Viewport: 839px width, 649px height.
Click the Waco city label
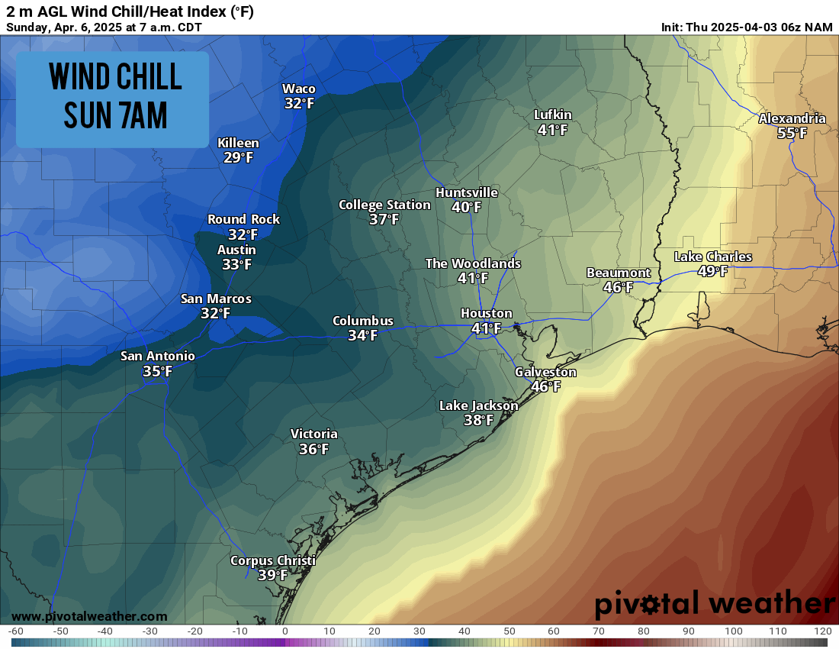(299, 89)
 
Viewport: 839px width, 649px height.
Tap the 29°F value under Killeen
(238, 158)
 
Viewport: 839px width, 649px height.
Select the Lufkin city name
(552, 115)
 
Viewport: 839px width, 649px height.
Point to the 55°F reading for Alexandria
(792, 133)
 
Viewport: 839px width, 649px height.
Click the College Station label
(384, 205)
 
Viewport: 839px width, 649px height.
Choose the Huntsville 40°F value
(466, 207)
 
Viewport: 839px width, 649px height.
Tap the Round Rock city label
(243, 219)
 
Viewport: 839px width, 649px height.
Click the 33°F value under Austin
(236, 265)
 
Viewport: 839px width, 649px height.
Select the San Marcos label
(216, 299)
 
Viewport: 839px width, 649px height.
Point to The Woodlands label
(473, 263)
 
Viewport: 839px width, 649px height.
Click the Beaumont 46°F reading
(618, 288)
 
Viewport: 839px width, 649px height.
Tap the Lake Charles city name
(712, 257)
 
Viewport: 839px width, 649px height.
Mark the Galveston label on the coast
(545, 372)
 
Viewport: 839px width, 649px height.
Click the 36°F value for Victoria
(313, 450)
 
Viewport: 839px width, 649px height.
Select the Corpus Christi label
(272, 560)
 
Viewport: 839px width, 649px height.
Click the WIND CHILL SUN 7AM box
(112, 99)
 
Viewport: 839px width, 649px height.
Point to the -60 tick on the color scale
(15, 631)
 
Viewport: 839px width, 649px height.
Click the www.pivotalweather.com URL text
(89, 616)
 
